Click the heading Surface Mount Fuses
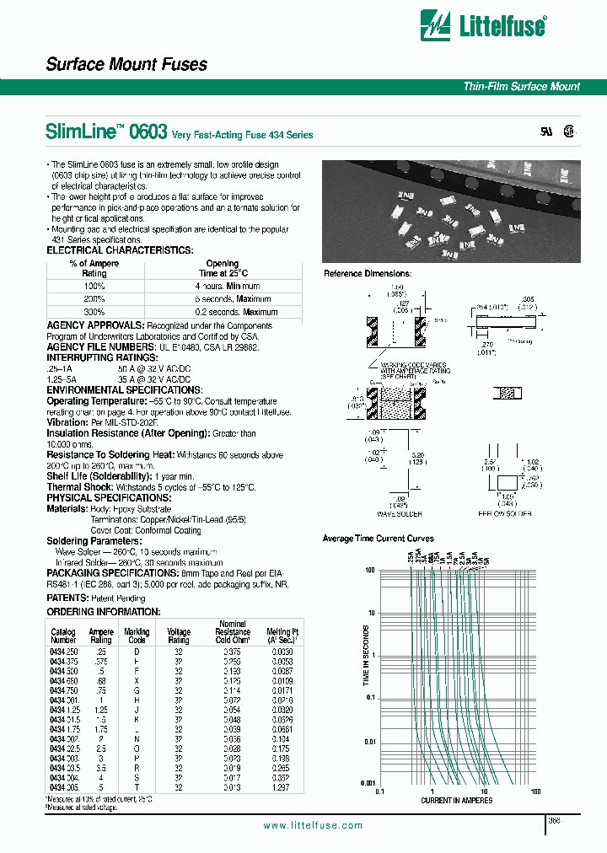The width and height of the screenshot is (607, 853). pos(126,65)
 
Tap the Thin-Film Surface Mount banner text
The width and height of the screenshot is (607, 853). pos(521,87)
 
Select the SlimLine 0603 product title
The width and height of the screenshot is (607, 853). pos(106,131)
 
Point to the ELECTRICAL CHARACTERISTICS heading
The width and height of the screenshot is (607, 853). pos(120,250)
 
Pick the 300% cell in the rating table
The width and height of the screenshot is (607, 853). pos(94,312)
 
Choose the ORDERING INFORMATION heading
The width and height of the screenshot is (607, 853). pos(103,611)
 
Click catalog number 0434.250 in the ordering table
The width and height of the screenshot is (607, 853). pos(63,652)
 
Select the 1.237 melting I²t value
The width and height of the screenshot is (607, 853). pos(280,786)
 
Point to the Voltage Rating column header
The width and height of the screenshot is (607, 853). pos(179,636)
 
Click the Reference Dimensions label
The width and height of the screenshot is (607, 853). pos(368,274)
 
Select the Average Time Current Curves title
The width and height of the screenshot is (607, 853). pos(379,539)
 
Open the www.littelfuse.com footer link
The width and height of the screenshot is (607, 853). pos(313,826)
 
